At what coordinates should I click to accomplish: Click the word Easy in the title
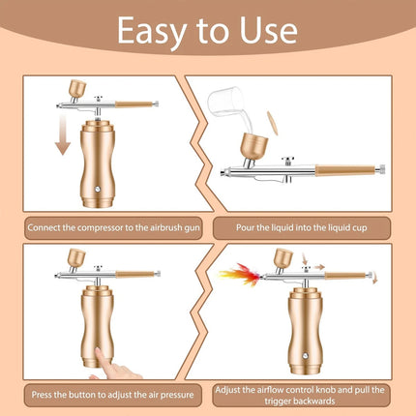click(151, 32)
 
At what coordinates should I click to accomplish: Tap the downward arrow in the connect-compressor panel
click(63, 134)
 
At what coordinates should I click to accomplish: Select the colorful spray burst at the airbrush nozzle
click(239, 275)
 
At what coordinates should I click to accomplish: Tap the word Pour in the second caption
click(244, 227)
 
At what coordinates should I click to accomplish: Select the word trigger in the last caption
click(277, 401)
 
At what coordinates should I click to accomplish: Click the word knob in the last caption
click(327, 390)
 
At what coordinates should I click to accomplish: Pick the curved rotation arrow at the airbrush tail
click(374, 278)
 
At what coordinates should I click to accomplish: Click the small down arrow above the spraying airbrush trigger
click(305, 258)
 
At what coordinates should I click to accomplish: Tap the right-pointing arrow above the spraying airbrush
click(319, 267)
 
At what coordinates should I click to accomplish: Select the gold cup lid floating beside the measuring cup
click(273, 123)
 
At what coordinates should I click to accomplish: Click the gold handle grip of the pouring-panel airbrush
click(344, 170)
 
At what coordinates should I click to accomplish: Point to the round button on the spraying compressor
click(305, 356)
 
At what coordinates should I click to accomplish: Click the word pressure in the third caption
click(177, 395)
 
